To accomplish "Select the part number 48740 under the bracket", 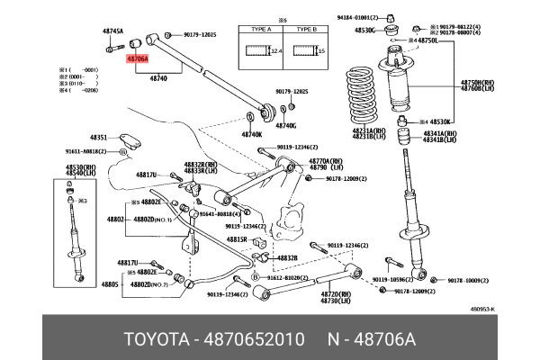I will click(158, 78).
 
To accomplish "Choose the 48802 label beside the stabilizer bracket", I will click(114, 219).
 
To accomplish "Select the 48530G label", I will click(364, 31).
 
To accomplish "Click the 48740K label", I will click(251, 135).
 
